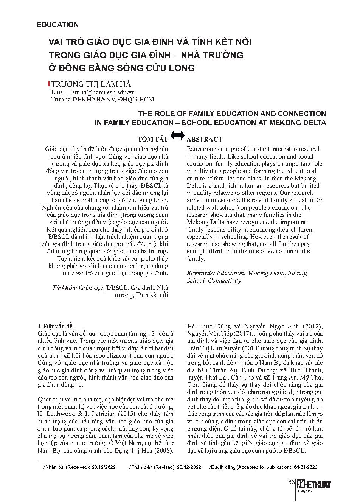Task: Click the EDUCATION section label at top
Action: pyautogui.click(x=57, y=25)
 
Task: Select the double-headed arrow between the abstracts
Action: pyautogui.click(x=177, y=135)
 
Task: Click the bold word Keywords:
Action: pyautogui.click(x=201, y=273)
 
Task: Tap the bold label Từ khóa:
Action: pyautogui.click(x=65, y=288)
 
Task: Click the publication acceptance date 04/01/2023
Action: pyautogui.click(x=306, y=467)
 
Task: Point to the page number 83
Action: pyautogui.click(x=291, y=482)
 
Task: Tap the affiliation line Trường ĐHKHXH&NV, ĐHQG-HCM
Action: pyautogui.click(x=102, y=99)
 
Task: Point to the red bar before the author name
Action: pyautogui.click(x=49, y=84)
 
